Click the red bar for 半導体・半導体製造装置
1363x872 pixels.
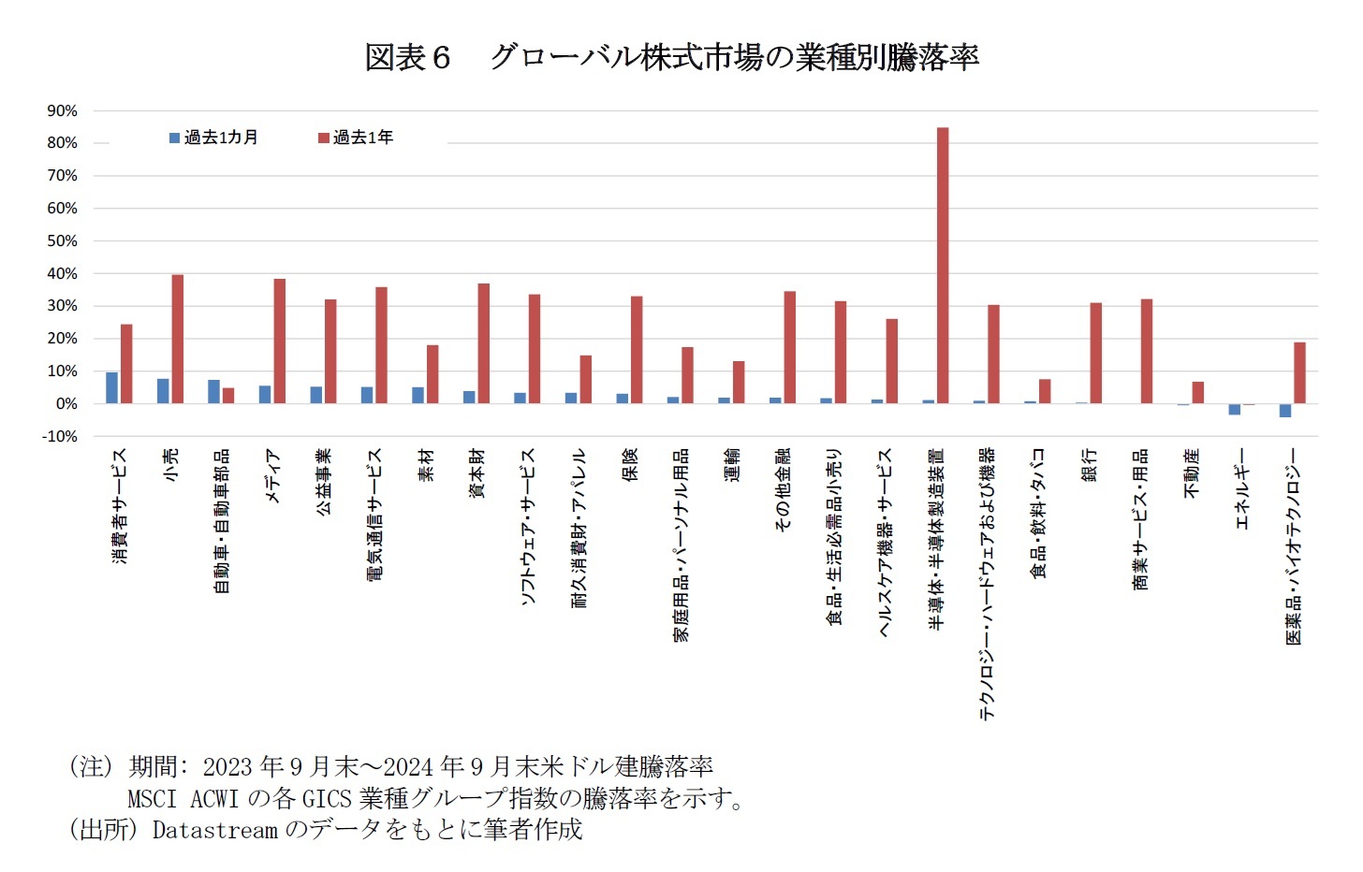(943, 266)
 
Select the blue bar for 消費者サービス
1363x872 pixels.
(112, 387)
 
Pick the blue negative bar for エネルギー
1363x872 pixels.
(1235, 409)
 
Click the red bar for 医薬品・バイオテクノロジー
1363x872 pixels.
(1299, 372)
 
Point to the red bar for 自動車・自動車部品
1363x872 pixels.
(228, 396)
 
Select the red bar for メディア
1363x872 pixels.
(280, 341)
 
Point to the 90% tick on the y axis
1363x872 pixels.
(63, 111)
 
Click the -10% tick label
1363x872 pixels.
(61, 437)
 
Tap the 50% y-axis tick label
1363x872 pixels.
(63, 241)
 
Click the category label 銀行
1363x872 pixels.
(1090, 465)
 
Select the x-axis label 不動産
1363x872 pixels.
(1192, 472)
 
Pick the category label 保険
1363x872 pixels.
(630, 465)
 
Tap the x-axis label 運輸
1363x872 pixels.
(732, 465)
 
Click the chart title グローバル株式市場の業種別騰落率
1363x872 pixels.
(734, 58)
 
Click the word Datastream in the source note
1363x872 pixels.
(214, 830)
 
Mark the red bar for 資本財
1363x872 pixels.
(484, 343)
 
